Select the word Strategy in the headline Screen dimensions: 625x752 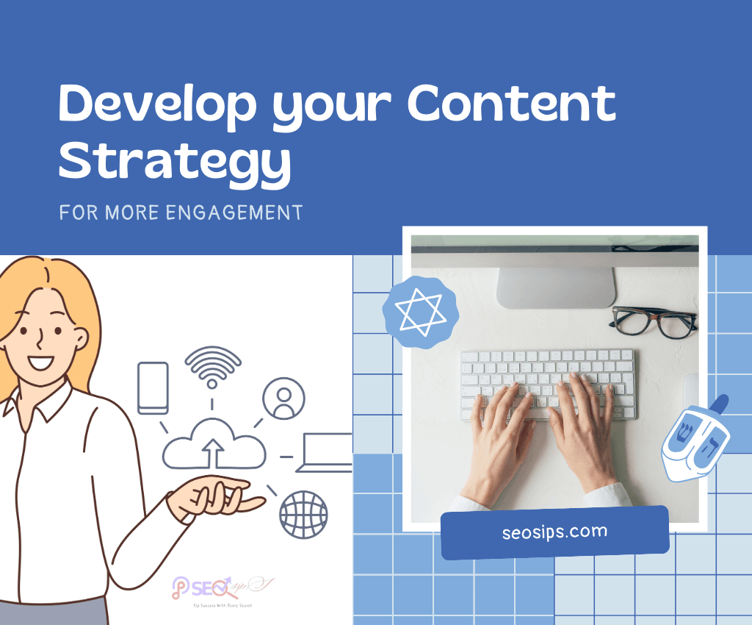[175, 163]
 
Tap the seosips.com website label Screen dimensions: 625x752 [554, 532]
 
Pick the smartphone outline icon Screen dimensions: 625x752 [153, 388]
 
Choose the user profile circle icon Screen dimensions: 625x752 [283, 398]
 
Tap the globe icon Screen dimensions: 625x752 [303, 514]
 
